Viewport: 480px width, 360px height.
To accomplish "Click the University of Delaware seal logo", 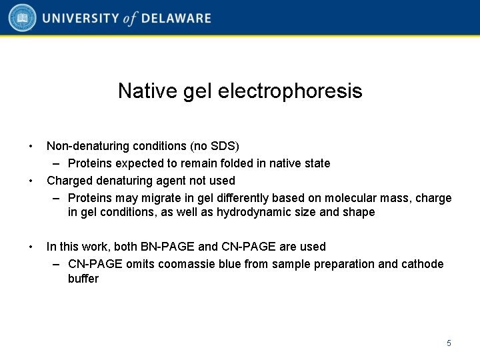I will [22, 18].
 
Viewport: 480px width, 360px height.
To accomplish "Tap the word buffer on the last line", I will [83, 279].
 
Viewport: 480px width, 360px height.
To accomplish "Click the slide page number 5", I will [449, 343].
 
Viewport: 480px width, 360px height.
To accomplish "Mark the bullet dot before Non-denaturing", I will [31, 146].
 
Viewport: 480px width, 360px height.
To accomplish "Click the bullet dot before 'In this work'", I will [31, 247].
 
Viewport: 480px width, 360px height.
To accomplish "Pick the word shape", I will [360, 213].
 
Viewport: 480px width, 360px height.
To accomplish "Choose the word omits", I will [139, 264].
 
